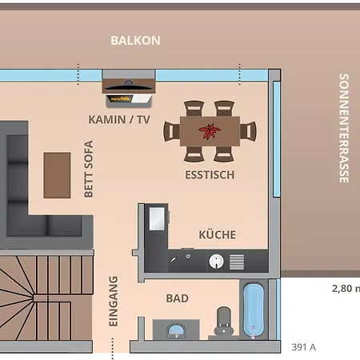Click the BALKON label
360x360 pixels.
135,40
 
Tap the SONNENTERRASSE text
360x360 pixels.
344,128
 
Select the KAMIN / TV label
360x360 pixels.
119,119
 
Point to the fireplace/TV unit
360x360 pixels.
128,90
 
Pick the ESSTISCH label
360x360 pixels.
210,174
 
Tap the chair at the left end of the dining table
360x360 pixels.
171,130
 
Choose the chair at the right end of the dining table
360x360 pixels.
250,130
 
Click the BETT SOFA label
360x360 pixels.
89,169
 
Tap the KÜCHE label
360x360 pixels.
217,234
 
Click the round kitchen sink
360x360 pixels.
215,261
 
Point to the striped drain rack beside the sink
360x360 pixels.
236,261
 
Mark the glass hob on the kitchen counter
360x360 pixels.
156,219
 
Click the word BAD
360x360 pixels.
177,298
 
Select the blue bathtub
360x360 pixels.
254,310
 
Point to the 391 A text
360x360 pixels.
303,346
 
